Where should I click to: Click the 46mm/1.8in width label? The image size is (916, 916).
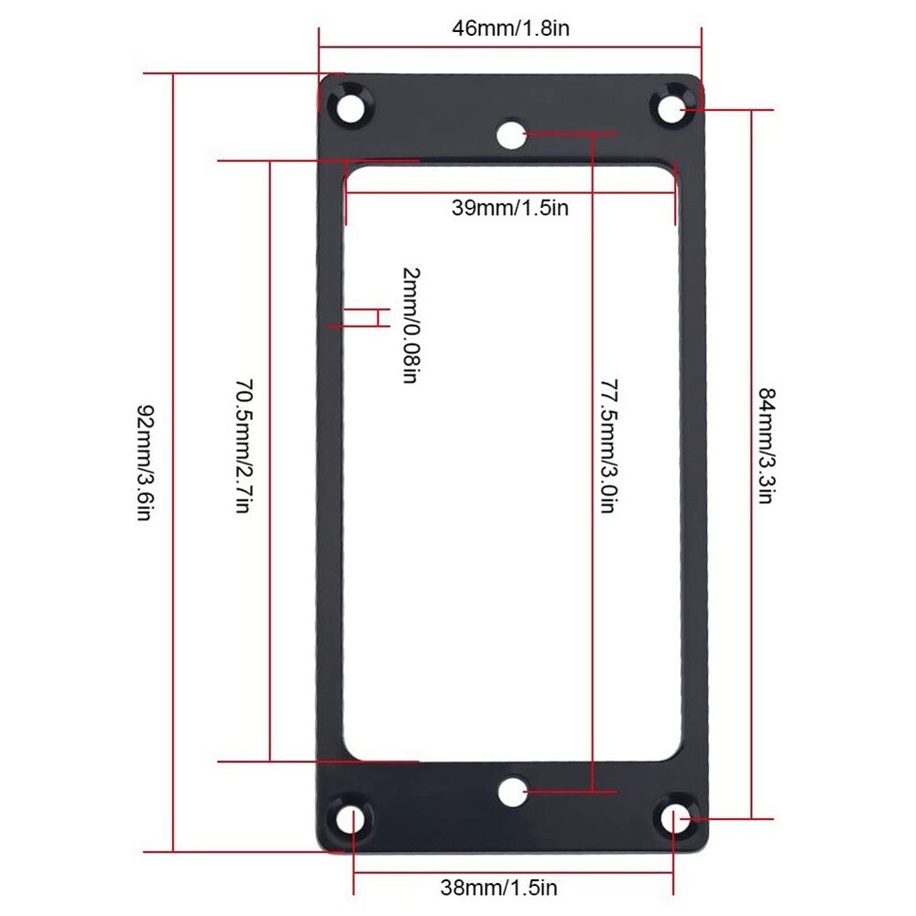510,27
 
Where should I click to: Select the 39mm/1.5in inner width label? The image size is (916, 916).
509,208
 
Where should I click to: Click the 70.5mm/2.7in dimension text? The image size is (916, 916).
242,446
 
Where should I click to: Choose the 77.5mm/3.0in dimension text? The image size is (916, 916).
606,446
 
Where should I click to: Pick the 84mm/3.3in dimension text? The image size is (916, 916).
768,446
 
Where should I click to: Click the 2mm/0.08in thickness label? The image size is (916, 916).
409,325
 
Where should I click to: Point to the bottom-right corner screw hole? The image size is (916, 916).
675,818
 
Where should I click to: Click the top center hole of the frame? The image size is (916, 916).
511,136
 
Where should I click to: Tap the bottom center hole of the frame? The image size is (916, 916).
513,791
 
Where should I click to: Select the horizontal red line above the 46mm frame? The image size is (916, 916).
509,49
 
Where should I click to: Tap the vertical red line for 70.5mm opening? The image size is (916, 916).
270,595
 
